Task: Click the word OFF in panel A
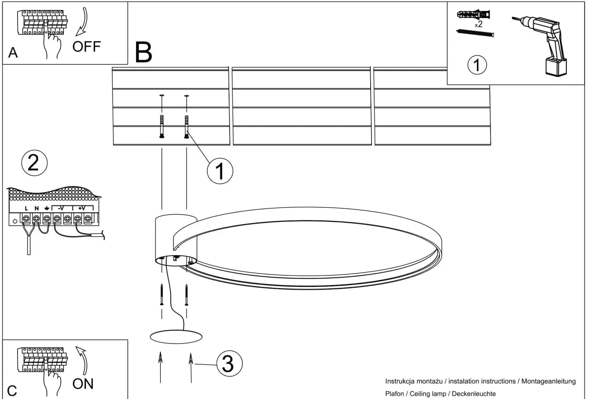pos(87,47)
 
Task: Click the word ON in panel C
pos(83,384)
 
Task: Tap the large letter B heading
pos(143,52)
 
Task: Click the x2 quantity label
pos(479,24)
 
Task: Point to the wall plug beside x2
pos(474,14)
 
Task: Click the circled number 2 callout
pos(34,163)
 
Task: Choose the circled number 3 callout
pos(229,364)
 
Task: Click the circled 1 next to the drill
pos(477,65)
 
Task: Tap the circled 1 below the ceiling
pos(220,171)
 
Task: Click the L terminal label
pos(26,209)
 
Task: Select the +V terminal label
pos(82,208)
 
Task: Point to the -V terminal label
pos(61,208)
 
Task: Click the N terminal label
pos(37,209)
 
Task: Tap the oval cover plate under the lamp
pos(176,337)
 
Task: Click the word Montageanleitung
pos(549,381)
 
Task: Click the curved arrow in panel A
pos(82,21)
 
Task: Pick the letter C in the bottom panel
pos(12,391)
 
